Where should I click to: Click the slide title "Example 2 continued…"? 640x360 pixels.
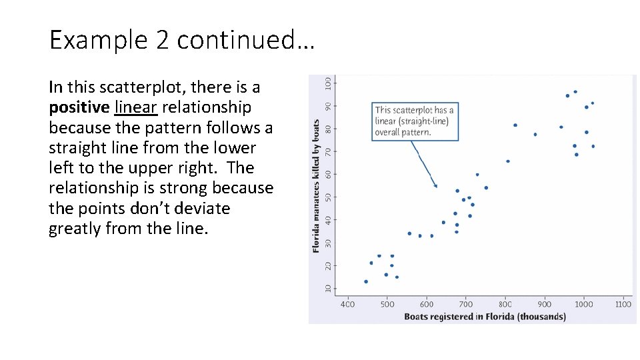tap(181, 40)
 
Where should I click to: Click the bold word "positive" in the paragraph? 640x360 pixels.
tap(79, 107)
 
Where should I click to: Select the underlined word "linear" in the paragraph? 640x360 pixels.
tap(136, 107)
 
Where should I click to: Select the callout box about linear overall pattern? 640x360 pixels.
tap(415, 121)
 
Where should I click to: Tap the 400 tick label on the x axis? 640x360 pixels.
tap(348, 305)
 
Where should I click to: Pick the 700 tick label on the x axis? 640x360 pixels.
tap(466, 305)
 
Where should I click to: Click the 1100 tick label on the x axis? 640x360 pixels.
tap(623, 305)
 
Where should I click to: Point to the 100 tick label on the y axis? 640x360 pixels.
tap(327, 83)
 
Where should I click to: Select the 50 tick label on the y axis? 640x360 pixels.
tap(327, 197)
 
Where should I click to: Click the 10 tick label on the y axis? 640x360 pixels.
tap(327, 288)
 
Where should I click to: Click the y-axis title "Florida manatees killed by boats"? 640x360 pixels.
tap(316, 185)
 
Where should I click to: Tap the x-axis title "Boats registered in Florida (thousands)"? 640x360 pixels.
tap(485, 317)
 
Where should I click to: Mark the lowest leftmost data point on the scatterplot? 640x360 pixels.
tap(366, 281)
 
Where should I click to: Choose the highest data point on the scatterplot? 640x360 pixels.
tap(575, 92)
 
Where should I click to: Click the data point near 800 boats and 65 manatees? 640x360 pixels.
tap(508, 161)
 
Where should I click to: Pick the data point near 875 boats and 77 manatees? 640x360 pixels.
tap(535, 135)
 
